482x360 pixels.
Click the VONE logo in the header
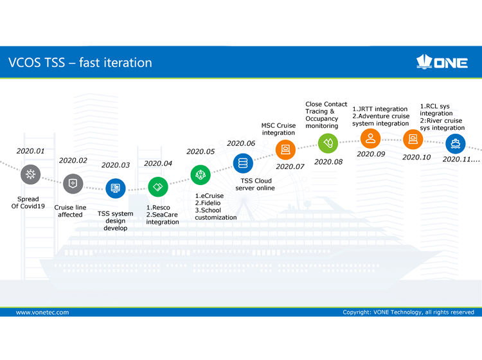click(x=442, y=62)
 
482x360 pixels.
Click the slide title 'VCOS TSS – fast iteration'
click(x=80, y=63)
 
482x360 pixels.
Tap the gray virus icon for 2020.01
click(x=30, y=174)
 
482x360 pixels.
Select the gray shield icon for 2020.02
click(x=73, y=184)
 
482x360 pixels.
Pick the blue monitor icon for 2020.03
click(x=115, y=188)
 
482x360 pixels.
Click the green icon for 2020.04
click(x=157, y=186)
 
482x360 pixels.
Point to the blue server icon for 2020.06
click(x=243, y=163)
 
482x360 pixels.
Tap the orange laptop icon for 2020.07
click(x=285, y=150)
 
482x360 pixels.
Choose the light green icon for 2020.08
click(x=328, y=143)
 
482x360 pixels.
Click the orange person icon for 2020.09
click(x=370, y=139)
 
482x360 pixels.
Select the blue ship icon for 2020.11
click(x=455, y=143)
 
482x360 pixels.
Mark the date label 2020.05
click(x=201, y=152)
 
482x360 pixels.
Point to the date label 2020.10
click(x=416, y=157)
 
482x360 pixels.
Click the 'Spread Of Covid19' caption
click(x=28, y=203)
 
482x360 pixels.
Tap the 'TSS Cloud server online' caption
click(x=255, y=184)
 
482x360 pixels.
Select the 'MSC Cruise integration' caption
click(x=278, y=129)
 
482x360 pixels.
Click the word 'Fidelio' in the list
click(x=211, y=203)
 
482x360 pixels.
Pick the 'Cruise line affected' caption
click(x=70, y=211)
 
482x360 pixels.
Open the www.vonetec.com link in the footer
click(x=42, y=312)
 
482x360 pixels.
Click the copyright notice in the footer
click(x=408, y=312)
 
